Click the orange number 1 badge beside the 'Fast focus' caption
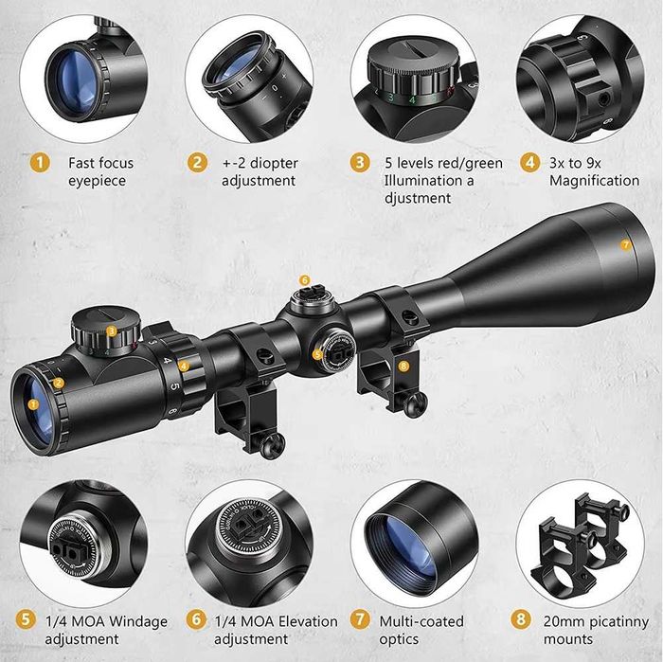38,162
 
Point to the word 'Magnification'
594,181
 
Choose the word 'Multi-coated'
421,621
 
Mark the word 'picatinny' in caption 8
617,621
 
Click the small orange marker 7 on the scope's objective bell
625,244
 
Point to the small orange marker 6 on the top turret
304,279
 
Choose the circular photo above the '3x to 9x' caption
580,78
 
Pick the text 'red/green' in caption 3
471,163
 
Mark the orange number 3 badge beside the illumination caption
359,162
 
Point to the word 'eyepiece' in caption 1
98,180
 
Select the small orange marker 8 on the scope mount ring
403,365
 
